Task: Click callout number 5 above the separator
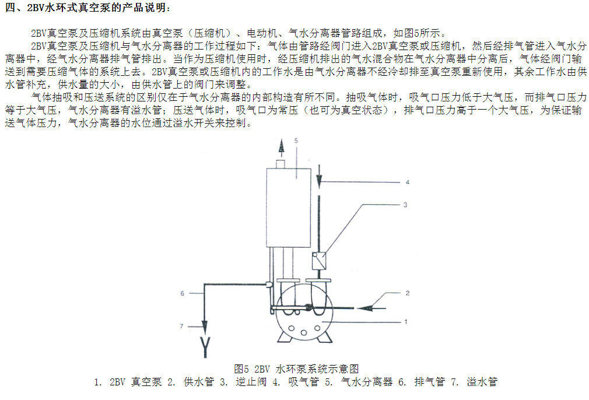[296, 141]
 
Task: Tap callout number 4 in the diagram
[407, 182]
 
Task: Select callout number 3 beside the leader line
[405, 205]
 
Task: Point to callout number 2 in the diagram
[407, 293]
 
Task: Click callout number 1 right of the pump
[406, 321]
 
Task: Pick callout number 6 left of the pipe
[182, 293]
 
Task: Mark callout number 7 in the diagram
[181, 326]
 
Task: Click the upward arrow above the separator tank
[281, 148]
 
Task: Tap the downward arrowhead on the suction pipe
[319, 182]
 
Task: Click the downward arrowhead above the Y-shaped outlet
[205, 327]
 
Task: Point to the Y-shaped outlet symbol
[205, 347]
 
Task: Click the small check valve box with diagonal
[319, 260]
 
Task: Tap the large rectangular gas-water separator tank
[289, 208]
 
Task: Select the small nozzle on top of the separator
[281, 164]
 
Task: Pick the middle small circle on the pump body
[304, 332]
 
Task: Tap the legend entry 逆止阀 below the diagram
[251, 382]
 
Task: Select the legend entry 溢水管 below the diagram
[482, 382]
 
